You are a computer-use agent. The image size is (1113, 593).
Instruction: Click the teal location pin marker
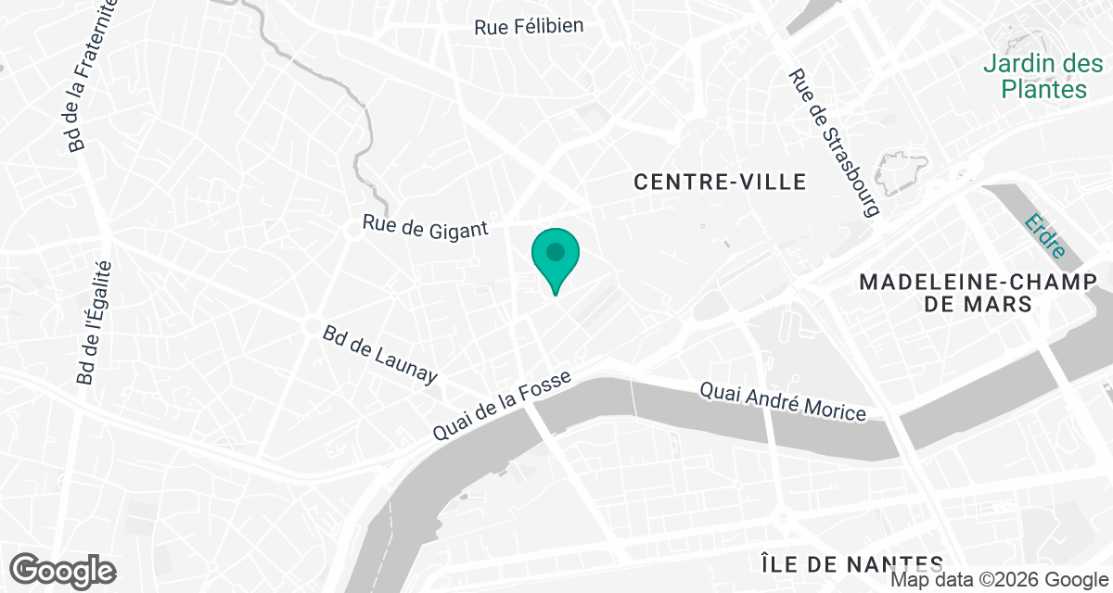click(555, 259)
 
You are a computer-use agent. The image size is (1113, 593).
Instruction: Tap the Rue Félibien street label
click(529, 26)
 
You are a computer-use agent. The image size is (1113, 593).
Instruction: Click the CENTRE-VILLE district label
click(720, 182)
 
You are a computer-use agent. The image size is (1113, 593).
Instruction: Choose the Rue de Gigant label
click(425, 225)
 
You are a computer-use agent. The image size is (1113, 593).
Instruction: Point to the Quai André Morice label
click(783, 402)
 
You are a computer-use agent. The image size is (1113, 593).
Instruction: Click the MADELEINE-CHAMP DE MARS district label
click(972, 293)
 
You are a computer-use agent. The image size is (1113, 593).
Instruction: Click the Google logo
click(62, 569)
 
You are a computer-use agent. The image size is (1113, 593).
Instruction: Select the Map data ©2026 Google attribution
click(998, 581)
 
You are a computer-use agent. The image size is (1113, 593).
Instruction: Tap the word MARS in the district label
click(1005, 305)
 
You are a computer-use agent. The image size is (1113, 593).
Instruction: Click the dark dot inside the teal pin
click(555, 251)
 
